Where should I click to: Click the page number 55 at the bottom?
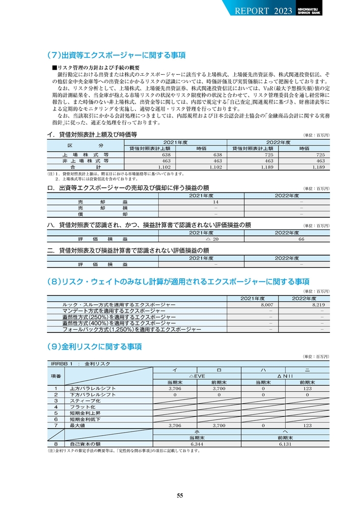pyautogui.click(x=180, y=496)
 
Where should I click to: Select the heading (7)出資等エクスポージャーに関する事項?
pyautogui.click(x=116, y=54)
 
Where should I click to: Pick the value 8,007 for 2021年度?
pyautogui.click(x=267, y=304)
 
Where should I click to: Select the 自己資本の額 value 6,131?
pyautogui.click(x=285, y=443)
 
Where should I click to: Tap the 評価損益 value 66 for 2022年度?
pyautogui.click(x=301, y=239)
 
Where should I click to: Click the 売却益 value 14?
pyautogui.click(x=215, y=202)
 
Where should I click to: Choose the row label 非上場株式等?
pyautogui.click(x=85, y=160)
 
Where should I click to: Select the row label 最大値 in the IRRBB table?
pyautogui.click(x=77, y=425)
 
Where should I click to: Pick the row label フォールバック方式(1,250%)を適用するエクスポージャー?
pyautogui.click(x=132, y=329)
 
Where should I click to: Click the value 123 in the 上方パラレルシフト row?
pyautogui.click(x=307, y=388)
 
